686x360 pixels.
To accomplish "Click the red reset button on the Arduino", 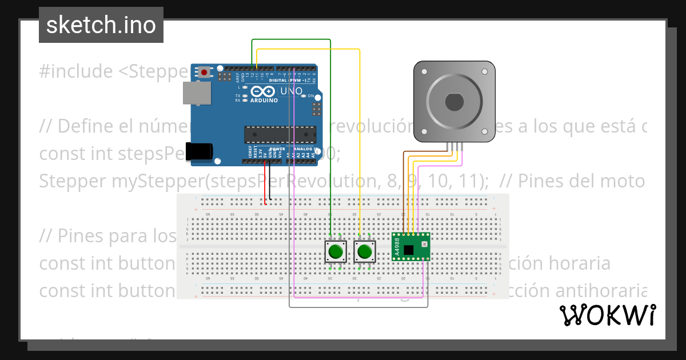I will click(204, 72).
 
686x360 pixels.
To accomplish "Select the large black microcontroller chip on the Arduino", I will click(280, 134).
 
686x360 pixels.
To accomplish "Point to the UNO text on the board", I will click(286, 91).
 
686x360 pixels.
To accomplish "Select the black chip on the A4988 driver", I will click(408, 249).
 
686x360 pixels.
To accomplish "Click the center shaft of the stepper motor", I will click(454, 102).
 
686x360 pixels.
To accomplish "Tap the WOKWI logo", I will click(607, 315).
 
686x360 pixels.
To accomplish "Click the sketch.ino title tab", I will click(101, 25).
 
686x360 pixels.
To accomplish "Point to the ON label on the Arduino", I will click(311, 96).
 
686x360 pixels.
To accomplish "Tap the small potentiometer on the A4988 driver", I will click(424, 245).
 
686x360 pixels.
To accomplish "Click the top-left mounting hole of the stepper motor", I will click(424, 72).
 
